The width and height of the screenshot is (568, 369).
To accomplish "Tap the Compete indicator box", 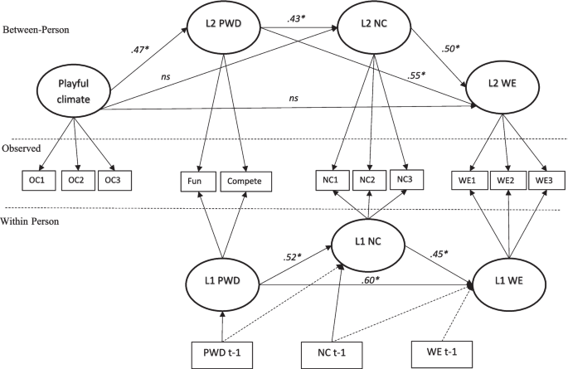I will (246, 179).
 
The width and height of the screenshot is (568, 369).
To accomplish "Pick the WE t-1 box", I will (438, 352).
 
